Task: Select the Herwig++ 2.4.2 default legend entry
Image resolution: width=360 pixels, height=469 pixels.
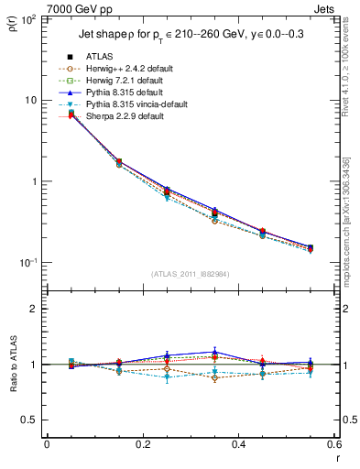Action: coord(123,68)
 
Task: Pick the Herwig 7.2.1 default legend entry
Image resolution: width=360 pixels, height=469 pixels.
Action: coord(121,80)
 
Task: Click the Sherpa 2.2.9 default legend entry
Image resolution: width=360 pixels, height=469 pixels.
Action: coord(119,115)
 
